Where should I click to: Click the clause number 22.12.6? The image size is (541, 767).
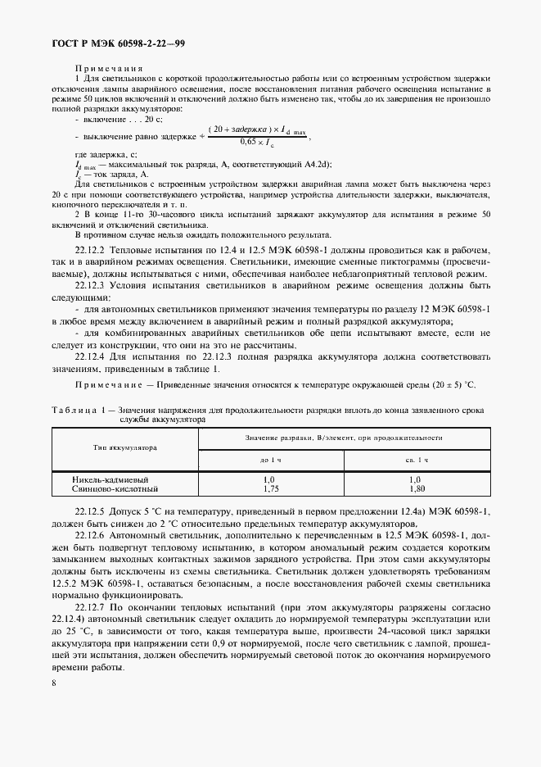pos(95,534)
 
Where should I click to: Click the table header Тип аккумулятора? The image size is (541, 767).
pos(124,447)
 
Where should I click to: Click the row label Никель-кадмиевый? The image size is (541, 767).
pos(102,479)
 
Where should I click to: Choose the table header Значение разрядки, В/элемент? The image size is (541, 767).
pos(299,438)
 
